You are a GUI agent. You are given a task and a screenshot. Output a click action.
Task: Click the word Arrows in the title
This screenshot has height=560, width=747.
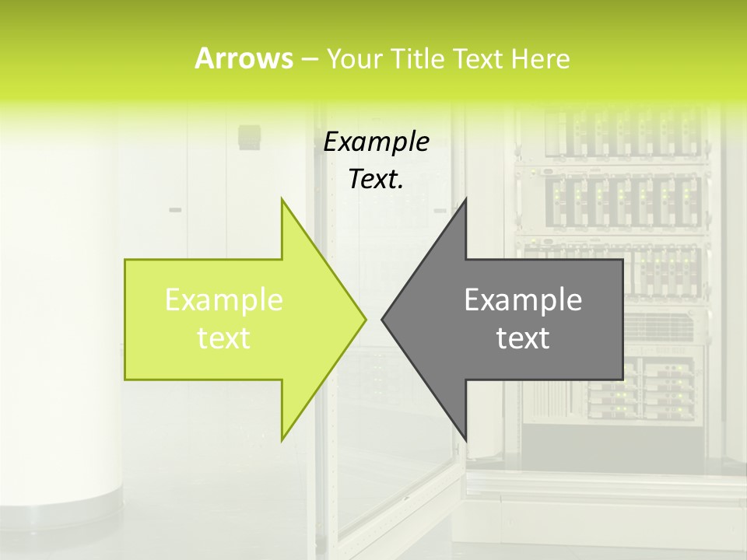[244, 58]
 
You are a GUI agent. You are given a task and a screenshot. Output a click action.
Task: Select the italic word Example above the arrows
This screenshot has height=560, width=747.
[376, 142]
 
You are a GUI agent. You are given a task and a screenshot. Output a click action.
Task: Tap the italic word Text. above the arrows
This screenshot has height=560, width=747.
[376, 179]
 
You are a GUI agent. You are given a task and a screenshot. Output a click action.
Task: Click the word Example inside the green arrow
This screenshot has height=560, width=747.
[224, 299]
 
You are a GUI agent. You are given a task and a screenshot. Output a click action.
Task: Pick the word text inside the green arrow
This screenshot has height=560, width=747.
[224, 338]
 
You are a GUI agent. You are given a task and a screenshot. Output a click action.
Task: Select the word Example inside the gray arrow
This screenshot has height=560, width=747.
[523, 299]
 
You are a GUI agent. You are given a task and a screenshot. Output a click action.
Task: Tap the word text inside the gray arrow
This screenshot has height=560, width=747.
[523, 338]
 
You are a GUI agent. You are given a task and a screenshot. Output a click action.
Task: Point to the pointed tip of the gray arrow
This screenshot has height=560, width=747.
[383, 319]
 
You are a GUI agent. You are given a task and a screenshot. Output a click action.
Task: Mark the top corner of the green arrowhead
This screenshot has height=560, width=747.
[282, 199]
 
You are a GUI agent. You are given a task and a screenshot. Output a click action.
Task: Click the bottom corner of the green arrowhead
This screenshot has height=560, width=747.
[282, 439]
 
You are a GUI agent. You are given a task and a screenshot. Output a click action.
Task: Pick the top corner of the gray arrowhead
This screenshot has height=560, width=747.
[465, 199]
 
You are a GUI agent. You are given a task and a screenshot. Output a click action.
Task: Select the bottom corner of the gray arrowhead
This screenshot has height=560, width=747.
[465, 439]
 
